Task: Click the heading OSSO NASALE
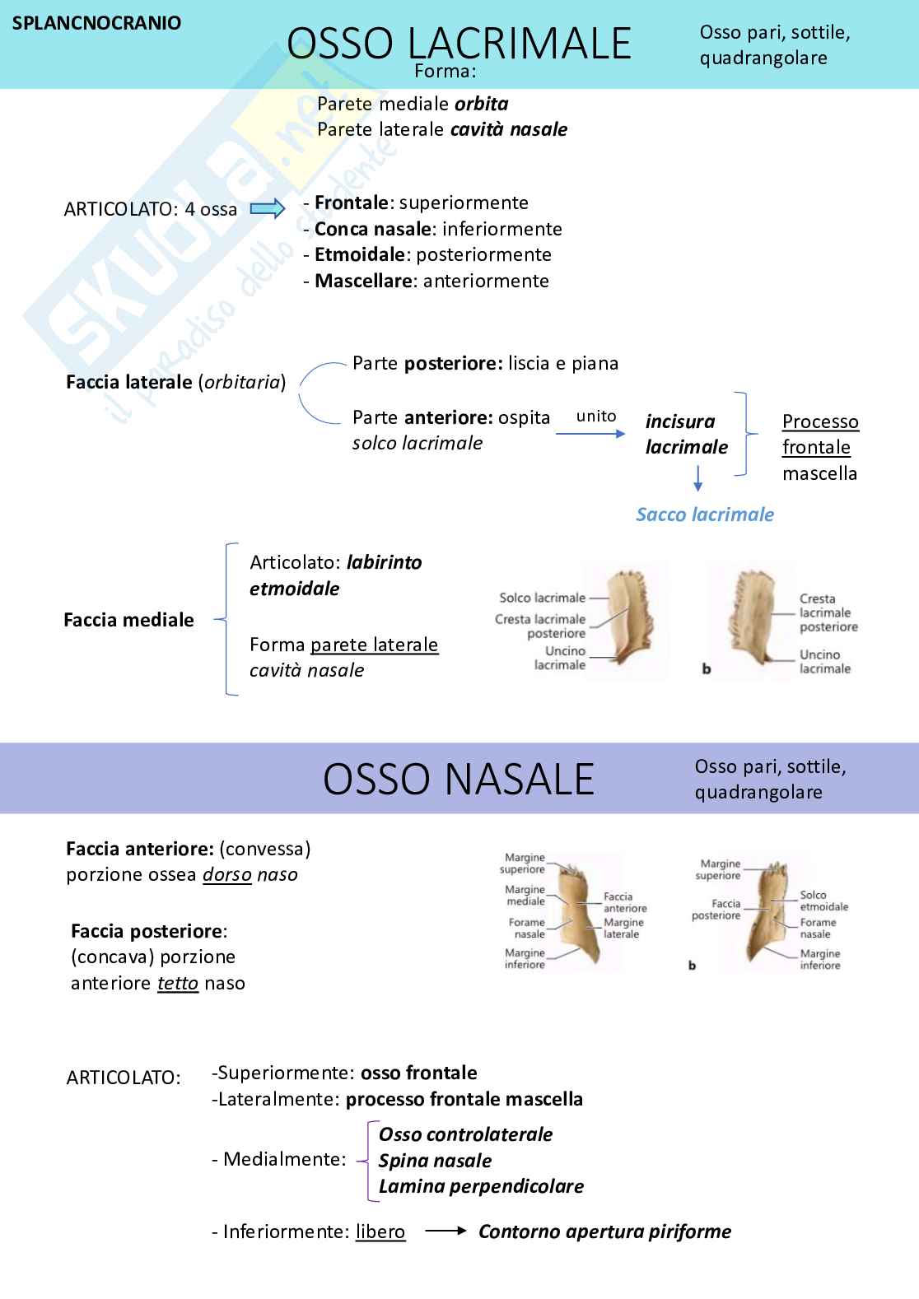459,779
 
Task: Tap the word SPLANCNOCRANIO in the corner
97,23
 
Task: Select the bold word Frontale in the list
352,203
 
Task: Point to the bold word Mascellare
363,281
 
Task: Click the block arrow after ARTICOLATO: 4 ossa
268,208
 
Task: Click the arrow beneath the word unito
590,433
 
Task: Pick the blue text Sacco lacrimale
705,514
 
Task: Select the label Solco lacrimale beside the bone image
542,598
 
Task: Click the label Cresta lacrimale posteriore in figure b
828,612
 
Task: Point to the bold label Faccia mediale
128,620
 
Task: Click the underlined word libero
380,1231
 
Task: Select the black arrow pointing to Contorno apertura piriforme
446,1231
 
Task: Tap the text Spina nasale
435,1161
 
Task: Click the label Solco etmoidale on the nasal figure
823,901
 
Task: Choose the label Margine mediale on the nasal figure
525,895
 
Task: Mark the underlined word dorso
227,874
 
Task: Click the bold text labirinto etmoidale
336,575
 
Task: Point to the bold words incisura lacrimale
686,434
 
